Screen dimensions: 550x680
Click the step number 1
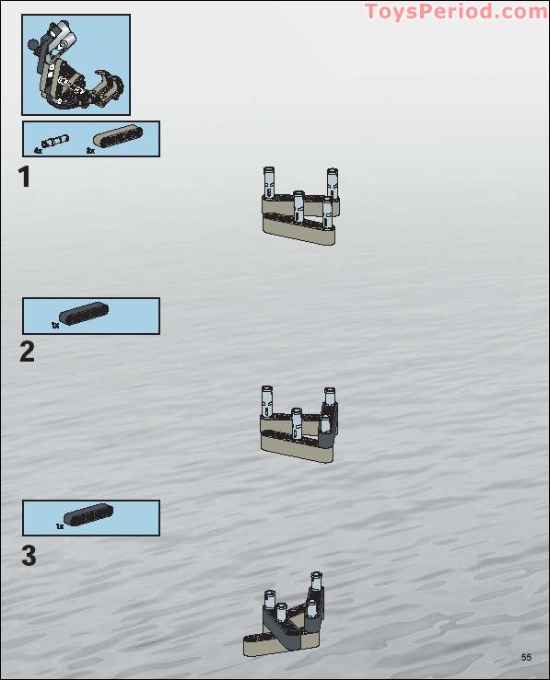[25, 177]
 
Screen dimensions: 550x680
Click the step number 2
[27, 352]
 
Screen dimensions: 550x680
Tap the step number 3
[29, 556]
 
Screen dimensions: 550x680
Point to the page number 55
[526, 657]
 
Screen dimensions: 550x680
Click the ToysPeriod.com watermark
[456, 11]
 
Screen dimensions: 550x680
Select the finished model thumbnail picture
[76, 64]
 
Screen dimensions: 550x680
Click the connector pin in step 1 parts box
[55, 142]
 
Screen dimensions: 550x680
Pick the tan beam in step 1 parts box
[119, 136]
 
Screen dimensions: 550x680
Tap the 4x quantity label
[38, 151]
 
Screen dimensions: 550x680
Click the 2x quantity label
[90, 151]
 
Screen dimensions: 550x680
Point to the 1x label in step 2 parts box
[55, 325]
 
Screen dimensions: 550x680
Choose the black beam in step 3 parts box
[88, 514]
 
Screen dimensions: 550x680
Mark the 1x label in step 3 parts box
[60, 526]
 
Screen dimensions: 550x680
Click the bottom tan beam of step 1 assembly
[298, 229]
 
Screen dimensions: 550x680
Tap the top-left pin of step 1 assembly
[269, 182]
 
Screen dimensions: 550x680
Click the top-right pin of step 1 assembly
[333, 183]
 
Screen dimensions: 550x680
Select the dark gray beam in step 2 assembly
[328, 425]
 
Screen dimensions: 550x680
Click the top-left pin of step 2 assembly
[267, 401]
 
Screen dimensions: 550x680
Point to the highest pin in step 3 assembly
[316, 582]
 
